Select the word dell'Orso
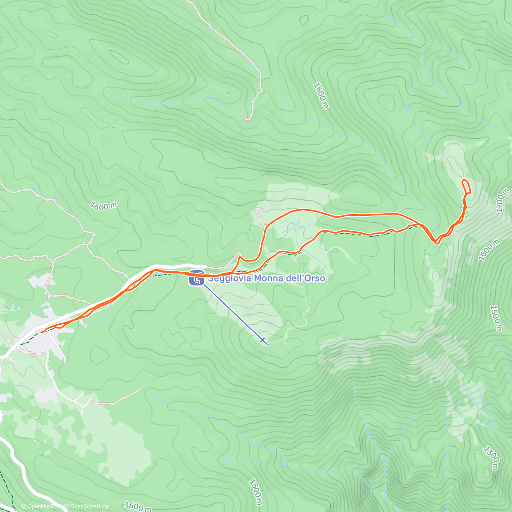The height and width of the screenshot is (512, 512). (305, 279)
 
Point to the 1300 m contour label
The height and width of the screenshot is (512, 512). (491, 458)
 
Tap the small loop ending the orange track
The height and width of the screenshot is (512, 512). (466, 186)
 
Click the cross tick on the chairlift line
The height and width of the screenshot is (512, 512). (263, 340)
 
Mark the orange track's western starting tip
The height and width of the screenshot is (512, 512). (42, 331)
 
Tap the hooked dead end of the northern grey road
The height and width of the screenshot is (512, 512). (247, 119)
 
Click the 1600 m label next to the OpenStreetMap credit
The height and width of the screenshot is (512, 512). (137, 506)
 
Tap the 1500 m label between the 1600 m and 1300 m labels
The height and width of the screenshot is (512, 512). (495, 317)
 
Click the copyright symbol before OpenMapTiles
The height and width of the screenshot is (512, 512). (24, 506)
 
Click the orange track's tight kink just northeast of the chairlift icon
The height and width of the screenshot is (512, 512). (239, 257)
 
